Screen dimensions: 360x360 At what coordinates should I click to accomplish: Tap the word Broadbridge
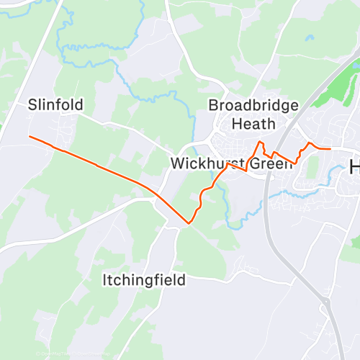[x=253, y=106]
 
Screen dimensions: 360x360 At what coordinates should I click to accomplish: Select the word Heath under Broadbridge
[x=253, y=124]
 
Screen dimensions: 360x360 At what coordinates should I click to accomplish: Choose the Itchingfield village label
[x=144, y=279]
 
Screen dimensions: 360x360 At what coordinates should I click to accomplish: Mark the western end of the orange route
[x=29, y=136]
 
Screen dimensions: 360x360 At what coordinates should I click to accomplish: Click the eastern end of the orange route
[x=330, y=149]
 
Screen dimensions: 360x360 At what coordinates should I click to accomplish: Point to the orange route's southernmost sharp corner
[x=188, y=223]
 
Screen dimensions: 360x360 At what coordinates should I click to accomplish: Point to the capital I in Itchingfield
[x=104, y=279]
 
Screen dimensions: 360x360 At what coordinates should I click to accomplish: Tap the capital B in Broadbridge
[x=213, y=106]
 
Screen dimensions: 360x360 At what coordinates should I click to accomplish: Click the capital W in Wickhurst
[x=176, y=163]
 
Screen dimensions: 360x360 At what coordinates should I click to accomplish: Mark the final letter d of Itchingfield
[x=181, y=279]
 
